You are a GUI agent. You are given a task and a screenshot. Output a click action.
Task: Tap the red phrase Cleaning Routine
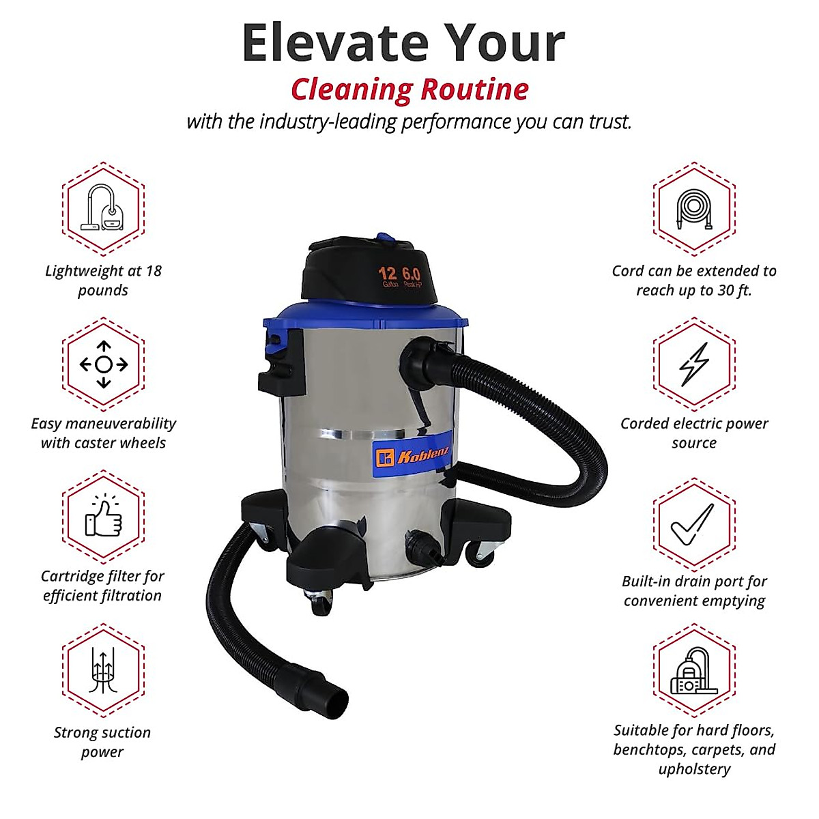pyautogui.click(x=409, y=89)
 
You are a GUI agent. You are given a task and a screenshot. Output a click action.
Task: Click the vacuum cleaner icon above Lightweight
pyautogui.click(x=103, y=208)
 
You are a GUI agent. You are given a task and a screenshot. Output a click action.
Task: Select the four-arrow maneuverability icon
pyautogui.click(x=103, y=364)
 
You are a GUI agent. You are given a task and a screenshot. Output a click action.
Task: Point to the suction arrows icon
pyautogui.click(x=103, y=670)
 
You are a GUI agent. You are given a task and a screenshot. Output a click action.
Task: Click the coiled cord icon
pyautogui.click(x=694, y=208)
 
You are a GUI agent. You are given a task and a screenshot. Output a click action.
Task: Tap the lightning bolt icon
pyautogui.click(x=694, y=364)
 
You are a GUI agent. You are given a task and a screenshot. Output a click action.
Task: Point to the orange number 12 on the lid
pyautogui.click(x=388, y=273)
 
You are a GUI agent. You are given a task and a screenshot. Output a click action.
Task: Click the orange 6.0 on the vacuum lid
pyautogui.click(x=412, y=274)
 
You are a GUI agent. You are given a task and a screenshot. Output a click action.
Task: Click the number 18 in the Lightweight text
pyautogui.click(x=153, y=271)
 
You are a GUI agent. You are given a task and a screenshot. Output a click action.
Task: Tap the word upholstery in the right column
pyautogui.click(x=694, y=769)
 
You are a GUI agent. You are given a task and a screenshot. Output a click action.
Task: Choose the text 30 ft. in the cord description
pyautogui.click(x=734, y=291)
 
